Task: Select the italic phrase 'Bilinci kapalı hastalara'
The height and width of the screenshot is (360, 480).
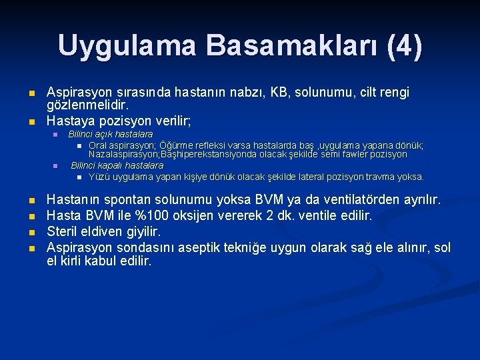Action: coord(117,165)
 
